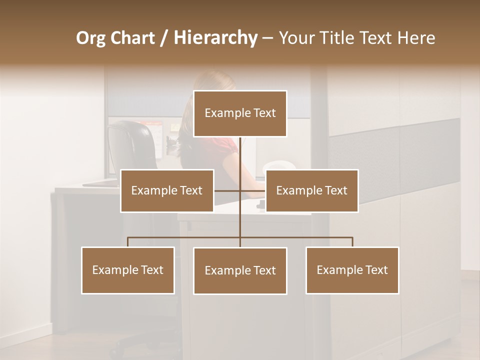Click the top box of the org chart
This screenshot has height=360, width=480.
[240, 113]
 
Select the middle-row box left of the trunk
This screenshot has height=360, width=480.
[167, 190]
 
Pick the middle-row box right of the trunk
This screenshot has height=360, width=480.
[311, 190]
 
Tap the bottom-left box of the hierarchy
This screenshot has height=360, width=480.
[128, 270]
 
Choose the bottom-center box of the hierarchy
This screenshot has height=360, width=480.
[240, 270]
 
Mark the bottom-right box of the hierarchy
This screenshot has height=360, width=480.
[352, 270]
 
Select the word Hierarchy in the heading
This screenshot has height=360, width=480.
[215, 38]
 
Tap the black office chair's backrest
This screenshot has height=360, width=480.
[131, 145]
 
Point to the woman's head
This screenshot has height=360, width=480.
[210, 85]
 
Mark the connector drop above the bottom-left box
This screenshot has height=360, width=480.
[128, 242]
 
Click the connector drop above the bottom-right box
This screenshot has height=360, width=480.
[352, 242]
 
